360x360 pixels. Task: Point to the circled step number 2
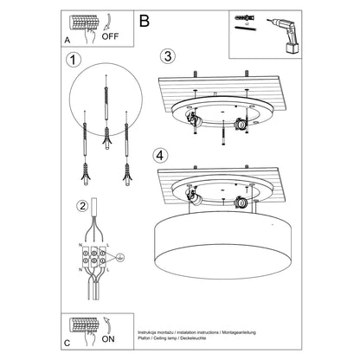coord(81,206)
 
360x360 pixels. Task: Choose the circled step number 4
coord(157,156)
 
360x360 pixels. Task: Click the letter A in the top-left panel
coord(67,40)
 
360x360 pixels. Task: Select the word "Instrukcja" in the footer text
coord(151,333)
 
